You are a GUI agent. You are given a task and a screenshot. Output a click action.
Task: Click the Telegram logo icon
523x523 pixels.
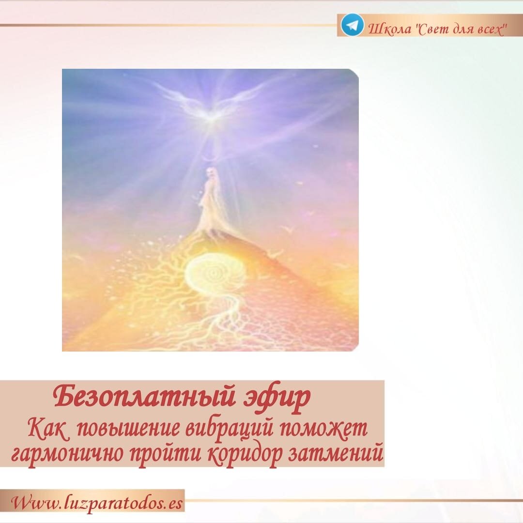[x=352, y=25]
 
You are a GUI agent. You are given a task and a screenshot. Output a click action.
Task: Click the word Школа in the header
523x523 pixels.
[x=389, y=29]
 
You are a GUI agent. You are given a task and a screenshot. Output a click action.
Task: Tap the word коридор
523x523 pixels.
[x=245, y=455]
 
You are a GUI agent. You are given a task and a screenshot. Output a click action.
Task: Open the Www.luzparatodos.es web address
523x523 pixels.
[x=97, y=503]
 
